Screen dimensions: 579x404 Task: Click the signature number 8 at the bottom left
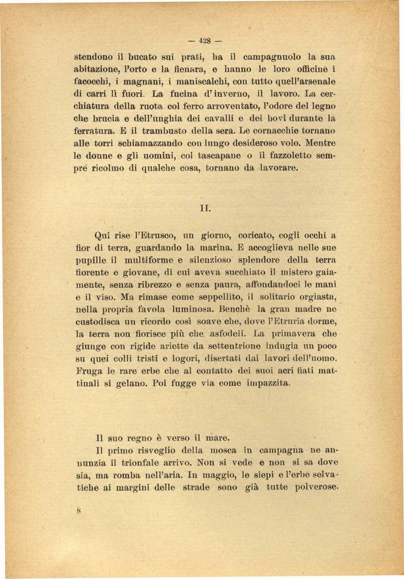(78, 512)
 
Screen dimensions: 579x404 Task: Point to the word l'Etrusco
(143, 235)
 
